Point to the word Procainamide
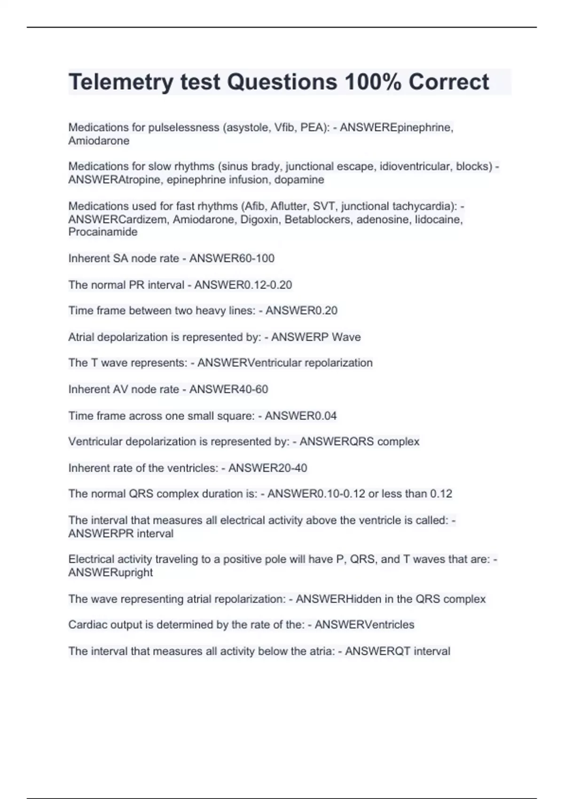pos(103,232)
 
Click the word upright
pos(131,572)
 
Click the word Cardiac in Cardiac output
pos(87,625)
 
